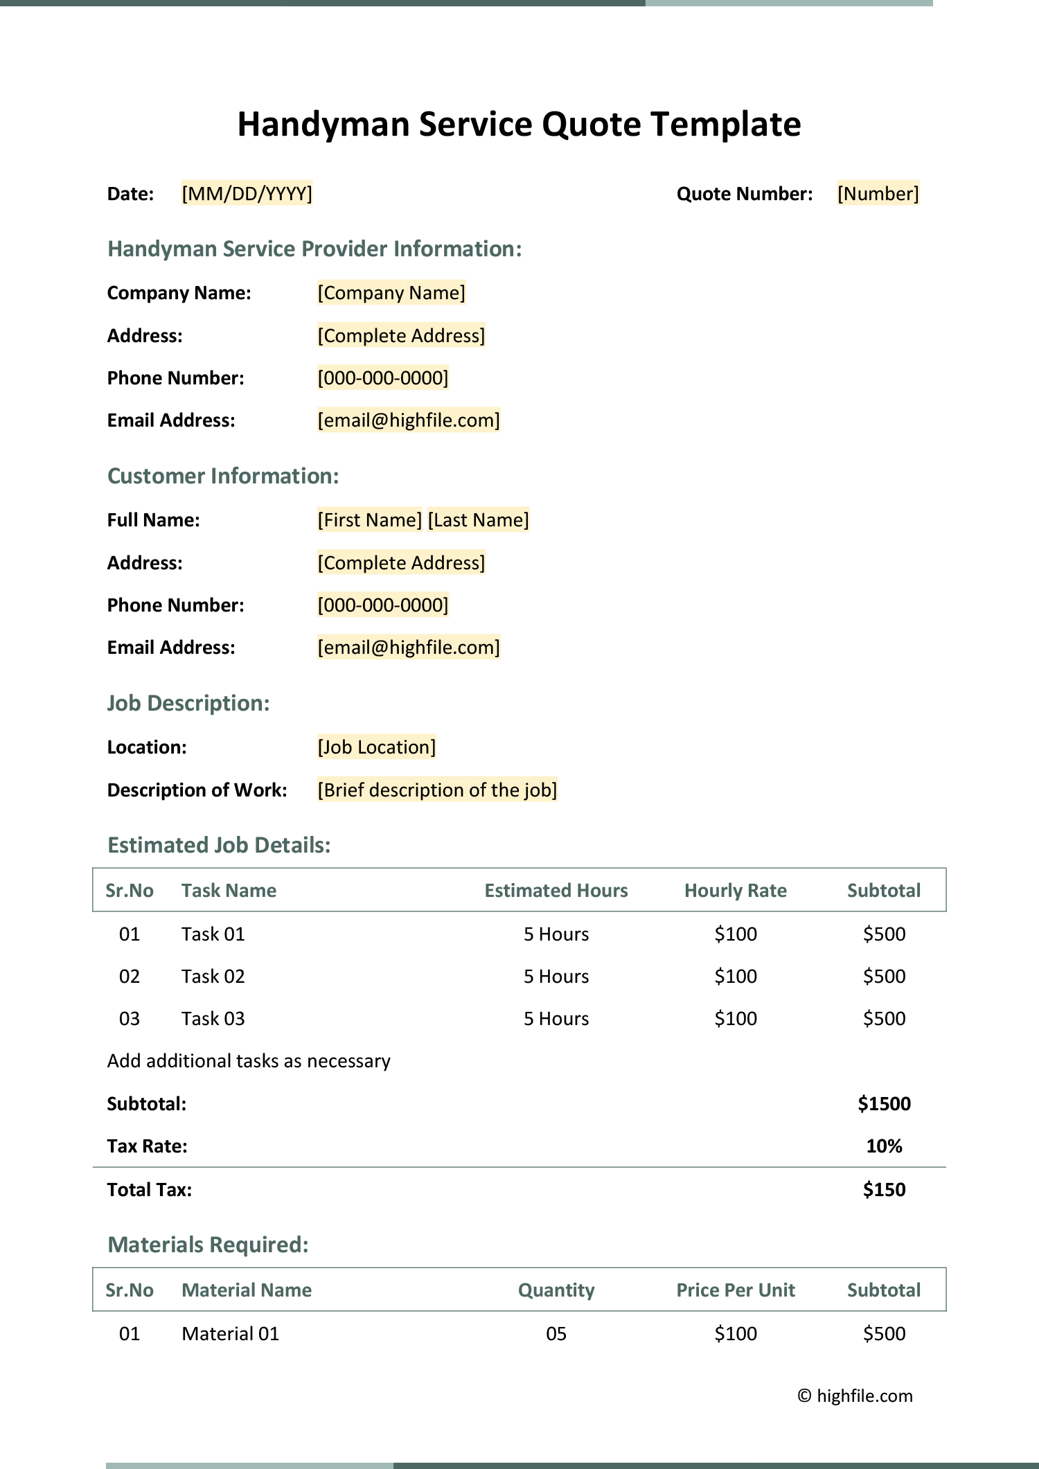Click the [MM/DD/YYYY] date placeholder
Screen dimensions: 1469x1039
pyautogui.click(x=247, y=193)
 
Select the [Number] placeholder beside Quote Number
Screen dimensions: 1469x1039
pyautogui.click(x=878, y=193)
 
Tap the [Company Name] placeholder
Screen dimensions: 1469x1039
pyautogui.click(x=391, y=293)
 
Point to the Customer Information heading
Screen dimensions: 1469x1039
pyautogui.click(x=223, y=476)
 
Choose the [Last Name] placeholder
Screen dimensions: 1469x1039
pyautogui.click(x=478, y=520)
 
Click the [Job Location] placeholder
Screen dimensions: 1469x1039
pyautogui.click(x=377, y=747)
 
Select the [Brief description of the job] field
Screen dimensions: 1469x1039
pyautogui.click(x=437, y=790)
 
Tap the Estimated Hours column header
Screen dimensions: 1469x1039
pyautogui.click(x=556, y=891)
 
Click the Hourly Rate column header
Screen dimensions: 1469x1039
pyautogui.click(x=736, y=891)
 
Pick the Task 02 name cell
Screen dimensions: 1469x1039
pyautogui.click(x=213, y=977)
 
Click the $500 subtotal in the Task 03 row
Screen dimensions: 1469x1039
pyautogui.click(x=884, y=1019)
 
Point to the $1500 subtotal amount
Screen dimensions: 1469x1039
pyautogui.click(x=884, y=1104)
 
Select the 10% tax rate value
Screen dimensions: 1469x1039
pyautogui.click(x=884, y=1146)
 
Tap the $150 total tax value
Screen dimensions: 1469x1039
pyautogui.click(x=884, y=1190)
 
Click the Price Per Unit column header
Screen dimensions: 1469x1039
pyautogui.click(x=736, y=1290)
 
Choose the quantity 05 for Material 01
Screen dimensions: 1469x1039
pyautogui.click(x=556, y=1334)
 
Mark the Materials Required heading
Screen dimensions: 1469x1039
pyautogui.click(x=208, y=1245)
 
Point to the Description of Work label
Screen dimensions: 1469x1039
pyautogui.click(x=197, y=790)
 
